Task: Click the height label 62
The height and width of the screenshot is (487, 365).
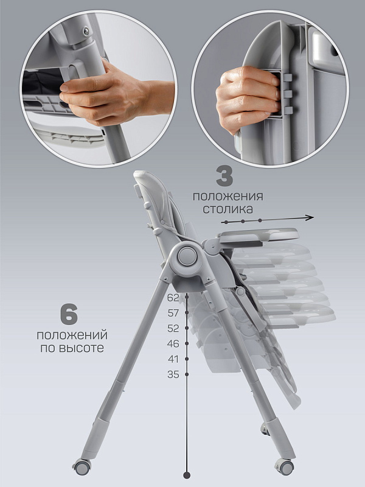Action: pos(173,298)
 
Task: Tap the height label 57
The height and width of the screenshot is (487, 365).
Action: pos(173,313)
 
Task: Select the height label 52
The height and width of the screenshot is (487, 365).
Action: pos(173,328)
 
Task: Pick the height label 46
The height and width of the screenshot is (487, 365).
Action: pos(173,343)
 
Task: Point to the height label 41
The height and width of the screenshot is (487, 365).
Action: pos(173,359)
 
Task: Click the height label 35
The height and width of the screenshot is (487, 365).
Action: pos(173,374)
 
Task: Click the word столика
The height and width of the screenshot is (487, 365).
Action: pos(228,209)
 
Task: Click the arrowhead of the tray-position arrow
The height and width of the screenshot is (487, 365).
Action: pos(310,218)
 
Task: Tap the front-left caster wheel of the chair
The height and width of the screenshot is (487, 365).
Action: pos(82,467)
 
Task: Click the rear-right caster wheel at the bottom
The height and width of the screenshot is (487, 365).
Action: pos(284,467)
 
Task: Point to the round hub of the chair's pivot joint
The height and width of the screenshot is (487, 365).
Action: pos(187,256)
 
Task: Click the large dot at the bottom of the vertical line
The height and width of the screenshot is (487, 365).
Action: pos(187,475)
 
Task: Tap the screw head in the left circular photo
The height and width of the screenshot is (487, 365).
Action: pos(85,30)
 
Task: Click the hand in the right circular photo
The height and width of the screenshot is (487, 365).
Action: pos(248,98)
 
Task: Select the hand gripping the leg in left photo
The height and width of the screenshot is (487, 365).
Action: pos(115,93)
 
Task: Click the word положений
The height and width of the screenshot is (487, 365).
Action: pos(72,335)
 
